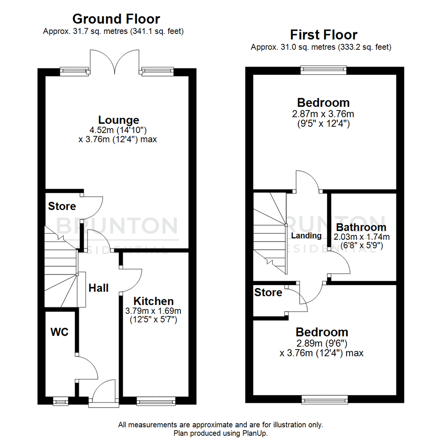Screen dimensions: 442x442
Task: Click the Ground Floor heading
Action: tap(116, 19)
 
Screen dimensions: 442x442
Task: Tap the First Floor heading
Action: tap(323, 34)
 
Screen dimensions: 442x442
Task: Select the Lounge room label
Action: tap(119, 120)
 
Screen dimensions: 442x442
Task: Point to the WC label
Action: tap(59, 331)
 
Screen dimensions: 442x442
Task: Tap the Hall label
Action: tap(99, 288)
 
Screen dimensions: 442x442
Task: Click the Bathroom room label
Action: tap(361, 227)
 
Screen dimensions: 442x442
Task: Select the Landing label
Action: tap(306, 236)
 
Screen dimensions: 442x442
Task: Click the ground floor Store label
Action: tap(62, 206)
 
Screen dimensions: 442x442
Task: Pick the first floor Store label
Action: tap(268, 293)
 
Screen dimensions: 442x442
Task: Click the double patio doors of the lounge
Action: tap(115, 61)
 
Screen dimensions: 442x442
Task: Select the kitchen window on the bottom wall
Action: tap(156, 401)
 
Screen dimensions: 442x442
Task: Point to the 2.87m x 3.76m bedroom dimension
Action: tap(323, 114)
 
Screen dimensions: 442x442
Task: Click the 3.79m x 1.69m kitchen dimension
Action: tap(153, 311)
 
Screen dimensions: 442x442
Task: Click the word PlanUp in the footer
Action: tap(258, 433)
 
